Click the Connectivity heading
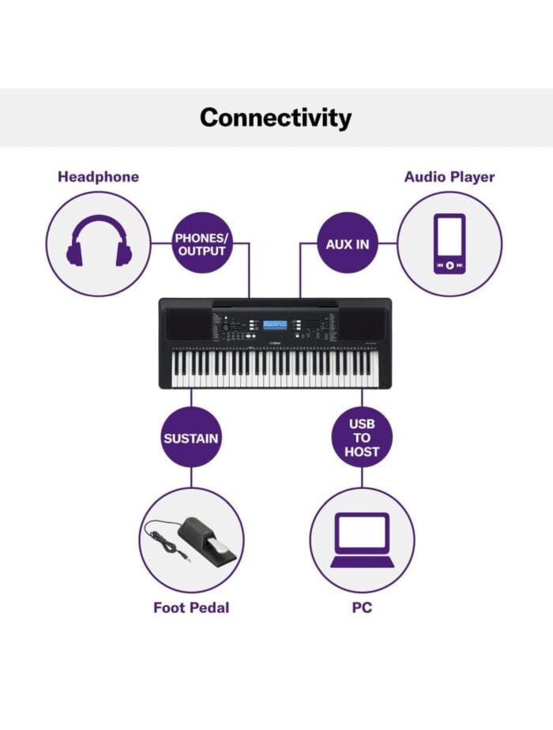[x=276, y=118]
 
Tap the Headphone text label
[x=98, y=177]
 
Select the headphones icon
[x=99, y=241]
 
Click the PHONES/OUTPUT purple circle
[x=201, y=244]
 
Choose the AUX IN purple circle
[x=348, y=244]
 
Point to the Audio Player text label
[x=450, y=177]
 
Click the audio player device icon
[x=450, y=243]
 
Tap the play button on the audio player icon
[x=450, y=265]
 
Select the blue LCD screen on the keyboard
[x=275, y=324]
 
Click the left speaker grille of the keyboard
[x=186, y=324]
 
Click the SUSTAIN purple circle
[x=191, y=438]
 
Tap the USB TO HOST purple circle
[x=362, y=438]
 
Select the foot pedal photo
[x=191, y=540]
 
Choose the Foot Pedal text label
[x=191, y=608]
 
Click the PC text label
[x=362, y=608]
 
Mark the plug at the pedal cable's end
[x=186, y=557]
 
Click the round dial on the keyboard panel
[x=225, y=328]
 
